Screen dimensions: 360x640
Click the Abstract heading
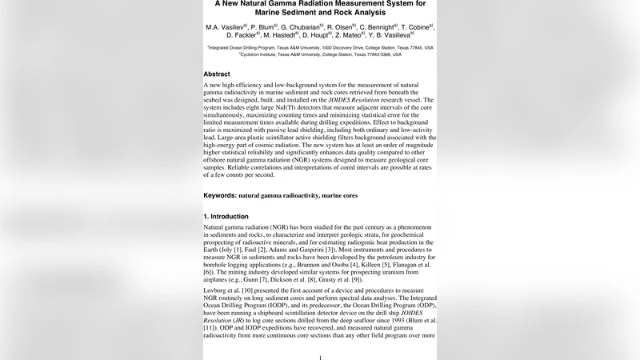pyautogui.click(x=217, y=74)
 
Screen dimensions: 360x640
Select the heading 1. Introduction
pyautogui.click(x=226, y=216)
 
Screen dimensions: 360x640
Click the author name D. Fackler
pyautogui.click(x=242, y=35)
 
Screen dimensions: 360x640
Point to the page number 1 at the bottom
pyautogui.click(x=320, y=357)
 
